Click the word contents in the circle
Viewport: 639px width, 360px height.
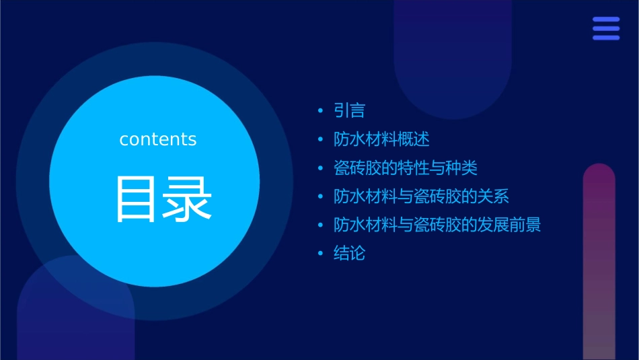pos(158,139)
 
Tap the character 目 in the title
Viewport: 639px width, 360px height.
pos(137,199)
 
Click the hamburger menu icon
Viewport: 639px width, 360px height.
pos(606,29)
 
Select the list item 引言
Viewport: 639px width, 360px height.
pos(349,110)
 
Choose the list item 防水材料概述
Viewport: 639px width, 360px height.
pos(381,139)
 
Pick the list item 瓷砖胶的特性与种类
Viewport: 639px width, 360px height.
pos(406,168)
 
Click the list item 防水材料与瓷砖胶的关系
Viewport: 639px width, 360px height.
pos(421,196)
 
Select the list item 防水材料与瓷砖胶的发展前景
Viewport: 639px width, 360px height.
pos(437,225)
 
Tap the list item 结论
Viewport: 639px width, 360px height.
pos(349,254)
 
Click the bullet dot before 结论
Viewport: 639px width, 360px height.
pos(320,254)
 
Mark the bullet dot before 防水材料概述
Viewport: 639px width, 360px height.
pos(320,140)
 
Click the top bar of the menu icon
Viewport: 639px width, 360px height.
pos(606,20)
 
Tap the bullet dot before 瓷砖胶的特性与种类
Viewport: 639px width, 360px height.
pos(320,168)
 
